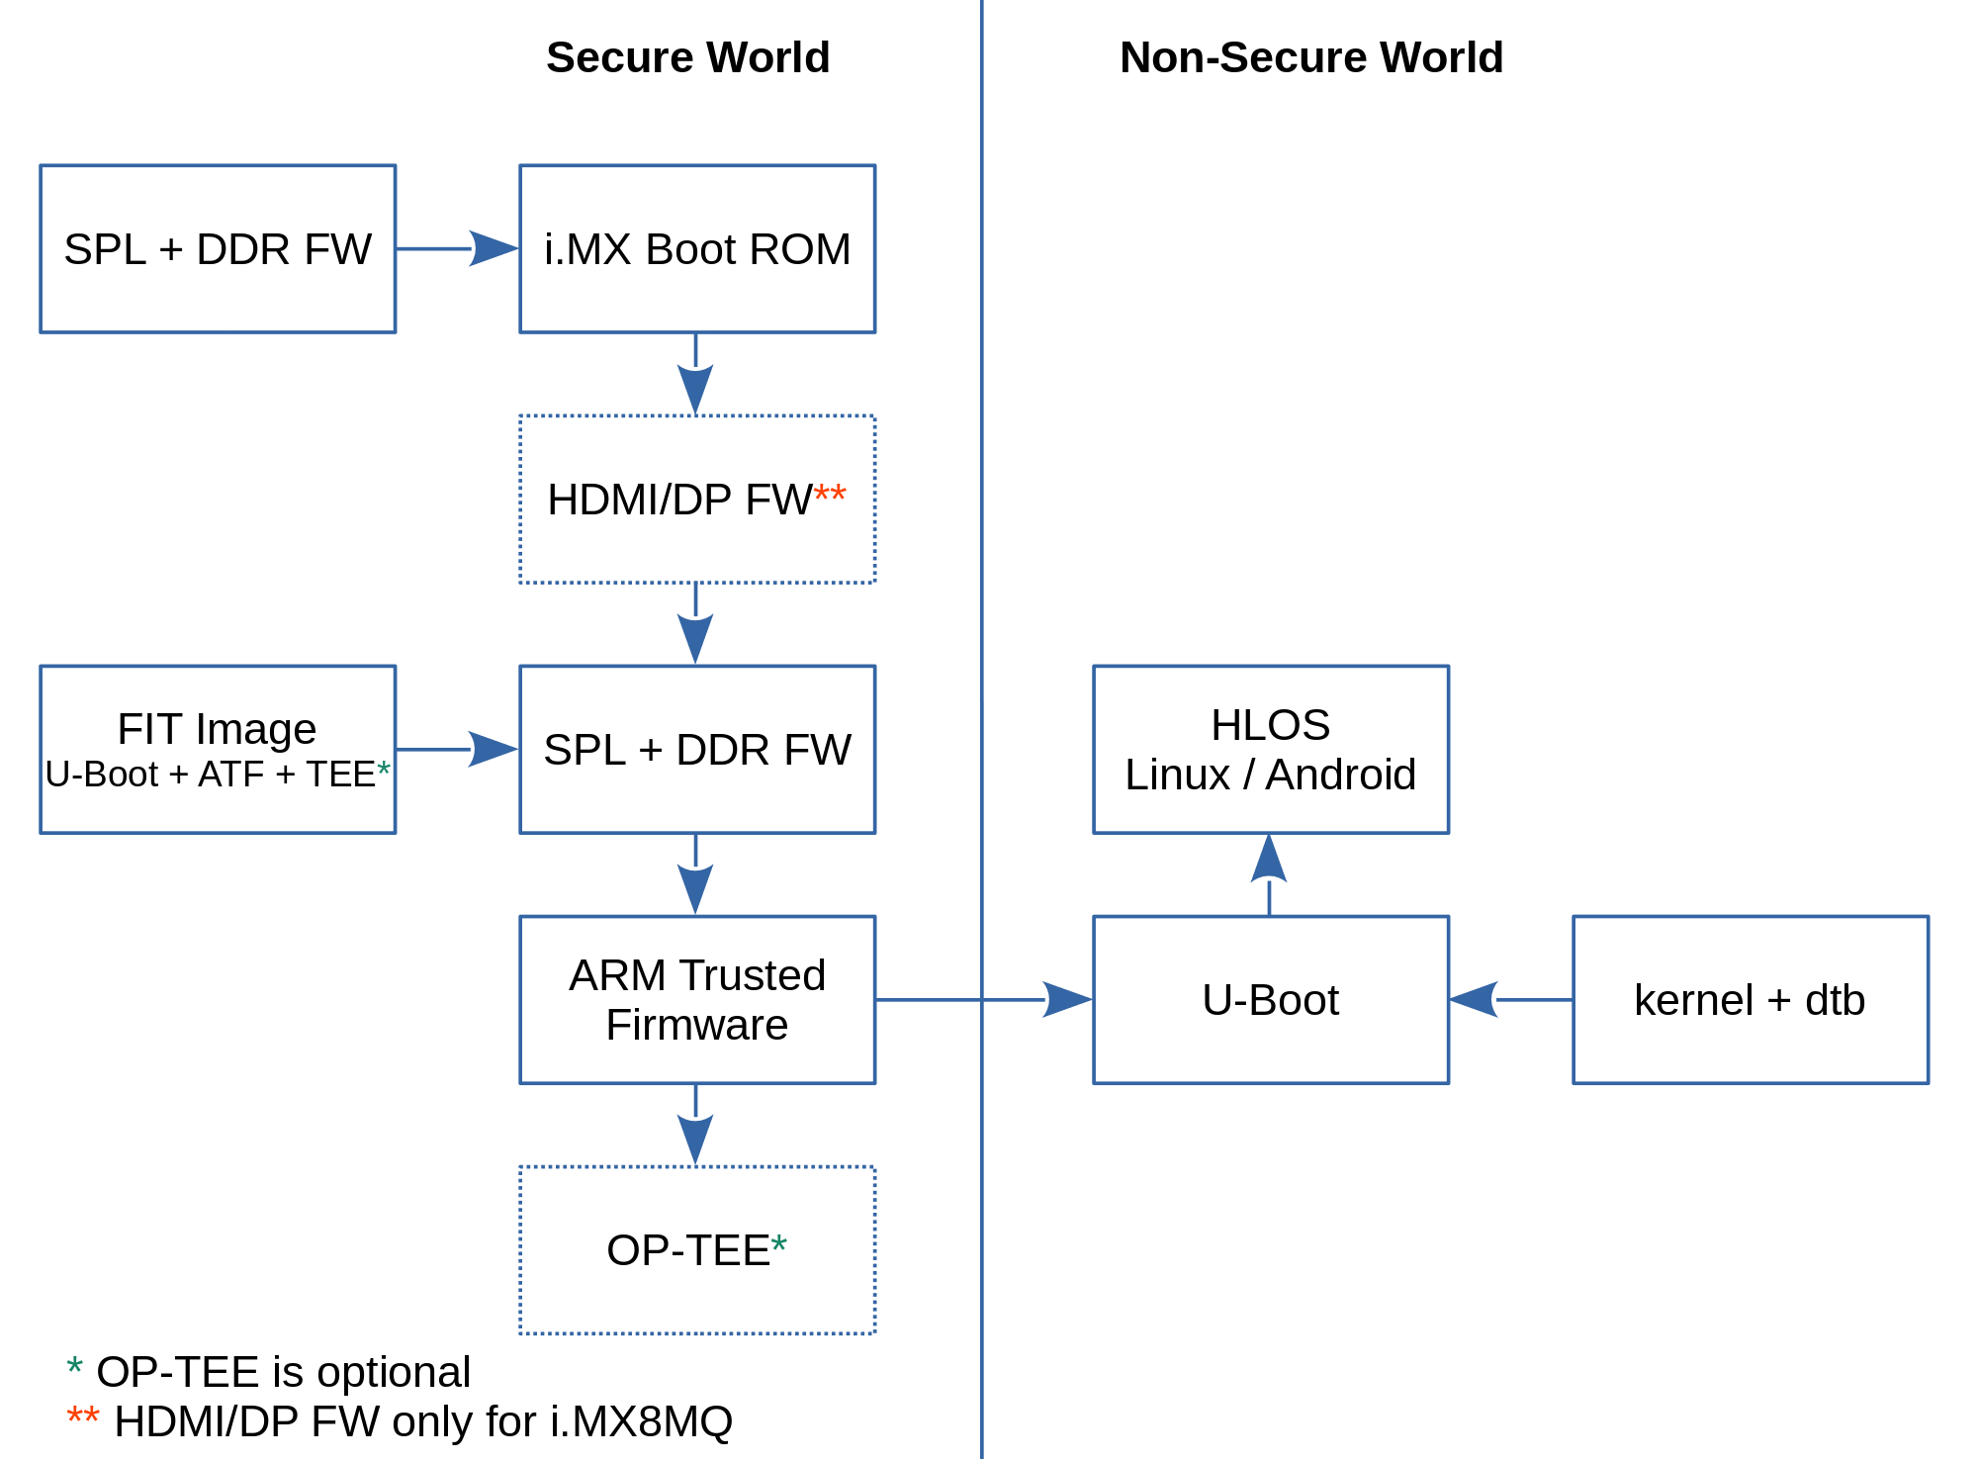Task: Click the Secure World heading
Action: (x=687, y=57)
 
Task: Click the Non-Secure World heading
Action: (x=1310, y=57)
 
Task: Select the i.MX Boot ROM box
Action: (x=697, y=249)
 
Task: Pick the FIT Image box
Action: (x=218, y=749)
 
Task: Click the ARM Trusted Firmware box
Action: (x=697, y=1000)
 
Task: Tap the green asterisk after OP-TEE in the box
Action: (x=779, y=1244)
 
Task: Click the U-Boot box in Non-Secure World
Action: (x=1271, y=1000)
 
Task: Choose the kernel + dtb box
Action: (x=1751, y=1000)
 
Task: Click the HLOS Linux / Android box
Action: (x=1271, y=749)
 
